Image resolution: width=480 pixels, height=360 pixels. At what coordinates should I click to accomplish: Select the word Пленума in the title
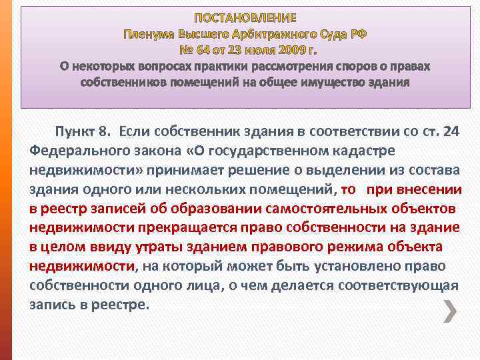click(149, 33)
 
